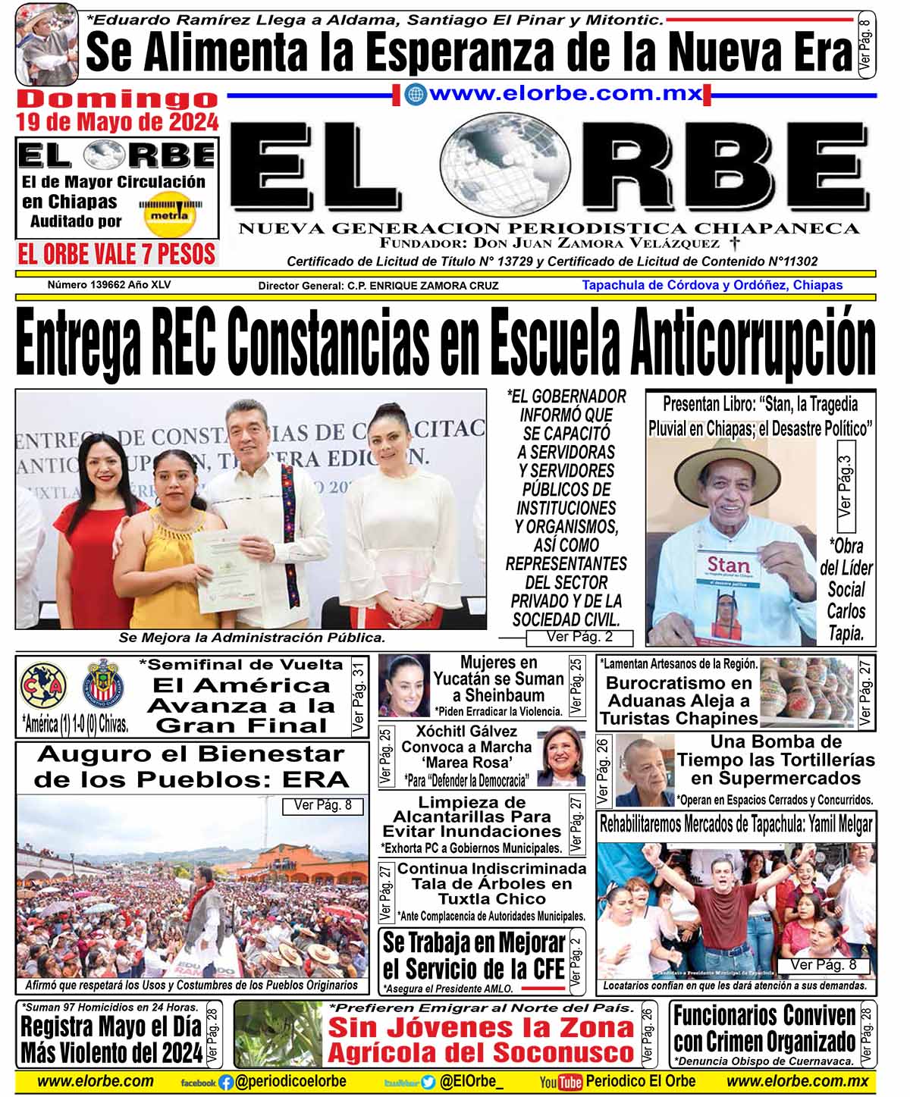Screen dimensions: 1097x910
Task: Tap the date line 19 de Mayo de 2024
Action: point(118,121)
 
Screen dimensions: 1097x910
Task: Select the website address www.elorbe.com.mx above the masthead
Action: point(565,94)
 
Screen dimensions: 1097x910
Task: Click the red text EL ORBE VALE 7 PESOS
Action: point(118,255)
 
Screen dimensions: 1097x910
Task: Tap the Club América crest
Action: point(44,685)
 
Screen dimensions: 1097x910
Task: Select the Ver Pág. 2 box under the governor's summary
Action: point(579,638)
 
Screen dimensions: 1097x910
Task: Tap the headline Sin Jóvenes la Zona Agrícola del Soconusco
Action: point(481,1040)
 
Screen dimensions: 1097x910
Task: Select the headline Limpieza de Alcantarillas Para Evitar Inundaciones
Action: point(472,817)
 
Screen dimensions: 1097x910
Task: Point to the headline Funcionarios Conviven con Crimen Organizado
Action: point(764,1028)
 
